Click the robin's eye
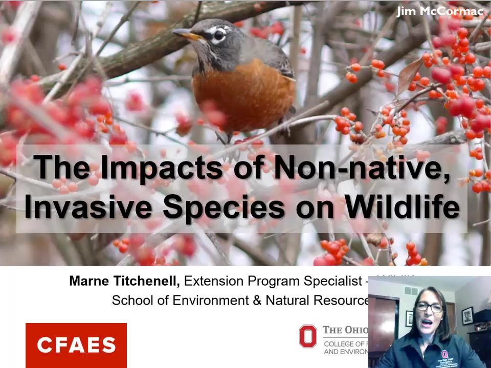point(219,35)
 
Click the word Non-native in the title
point(361,167)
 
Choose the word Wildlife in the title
point(402,207)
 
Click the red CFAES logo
point(76,345)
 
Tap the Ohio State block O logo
point(308,336)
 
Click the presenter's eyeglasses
point(429,307)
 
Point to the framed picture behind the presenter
point(467,316)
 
